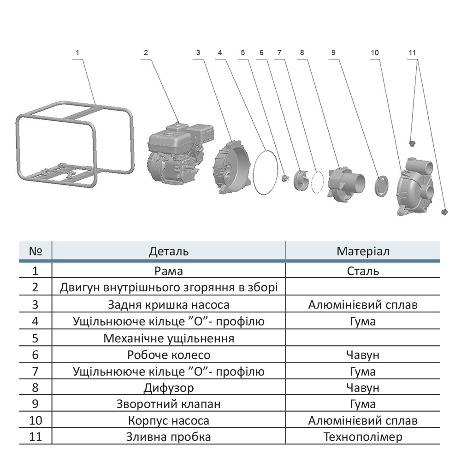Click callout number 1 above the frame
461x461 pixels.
tap(78, 53)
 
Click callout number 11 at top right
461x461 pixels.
tap(412, 53)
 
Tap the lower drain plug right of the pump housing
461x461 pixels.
tap(444, 211)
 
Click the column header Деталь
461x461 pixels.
tap(169, 251)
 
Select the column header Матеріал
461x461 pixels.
tap(363, 251)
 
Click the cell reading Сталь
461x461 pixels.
tap(363, 271)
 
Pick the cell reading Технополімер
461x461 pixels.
tap(363, 437)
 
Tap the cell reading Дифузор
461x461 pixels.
tap(169, 387)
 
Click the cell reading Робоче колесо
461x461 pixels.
tap(169, 355)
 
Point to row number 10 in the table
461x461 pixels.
tap(35, 420)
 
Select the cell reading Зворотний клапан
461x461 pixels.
tap(169, 404)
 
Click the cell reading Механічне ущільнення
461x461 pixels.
tap(169, 338)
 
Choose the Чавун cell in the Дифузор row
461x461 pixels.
tap(363, 387)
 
